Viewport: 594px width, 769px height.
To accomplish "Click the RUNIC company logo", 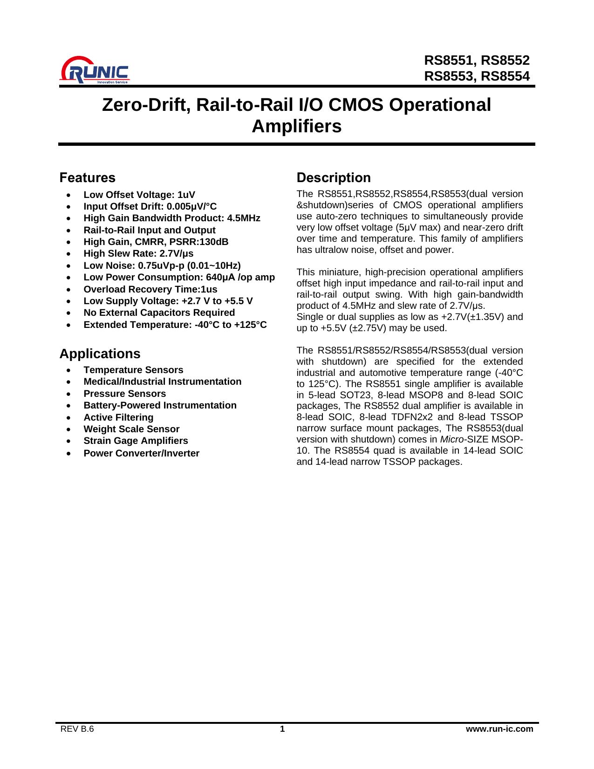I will click(95, 71).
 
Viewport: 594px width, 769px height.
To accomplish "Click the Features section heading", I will click(87, 177).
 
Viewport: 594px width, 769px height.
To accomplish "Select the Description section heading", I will click(334, 177).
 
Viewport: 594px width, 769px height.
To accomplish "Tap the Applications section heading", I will click(100, 354).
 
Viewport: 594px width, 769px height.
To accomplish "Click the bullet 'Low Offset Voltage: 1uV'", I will click(139, 195).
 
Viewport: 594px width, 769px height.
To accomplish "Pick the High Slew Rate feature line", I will click(138, 253).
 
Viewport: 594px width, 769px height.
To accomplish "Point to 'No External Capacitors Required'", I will click(159, 313).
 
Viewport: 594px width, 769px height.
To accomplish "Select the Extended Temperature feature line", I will click(175, 325).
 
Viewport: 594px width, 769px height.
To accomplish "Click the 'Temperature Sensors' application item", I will click(133, 370).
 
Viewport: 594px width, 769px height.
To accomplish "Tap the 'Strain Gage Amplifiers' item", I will click(136, 441).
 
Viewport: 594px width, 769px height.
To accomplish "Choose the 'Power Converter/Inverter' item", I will click(141, 453).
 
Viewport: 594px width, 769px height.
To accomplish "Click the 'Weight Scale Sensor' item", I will click(131, 429).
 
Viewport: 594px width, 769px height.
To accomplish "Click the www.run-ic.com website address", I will click(499, 729).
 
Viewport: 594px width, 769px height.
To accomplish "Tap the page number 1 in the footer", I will click(282, 729).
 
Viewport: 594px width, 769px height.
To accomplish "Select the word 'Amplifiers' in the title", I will click(296, 126).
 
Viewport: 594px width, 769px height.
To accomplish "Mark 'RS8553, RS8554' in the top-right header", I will click(477, 76).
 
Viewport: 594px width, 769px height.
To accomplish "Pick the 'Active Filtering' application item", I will click(118, 417).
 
